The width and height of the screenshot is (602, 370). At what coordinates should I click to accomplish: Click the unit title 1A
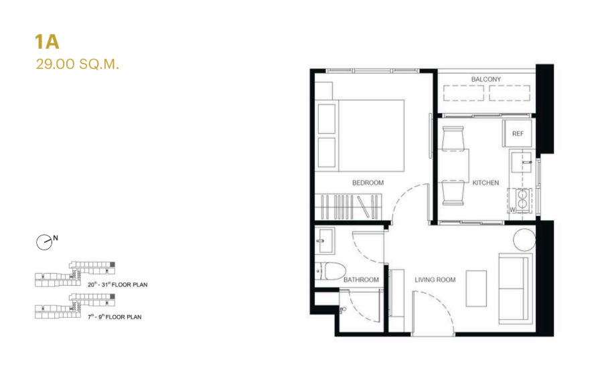(48, 42)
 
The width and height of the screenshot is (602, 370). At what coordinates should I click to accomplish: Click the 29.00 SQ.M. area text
(78, 64)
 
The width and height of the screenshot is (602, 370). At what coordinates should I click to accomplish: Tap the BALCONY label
(486, 80)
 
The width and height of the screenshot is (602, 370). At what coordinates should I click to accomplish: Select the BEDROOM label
(368, 183)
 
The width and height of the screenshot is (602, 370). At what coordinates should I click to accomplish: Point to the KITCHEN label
(485, 183)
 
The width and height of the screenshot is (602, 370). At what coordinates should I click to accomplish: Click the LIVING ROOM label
(435, 280)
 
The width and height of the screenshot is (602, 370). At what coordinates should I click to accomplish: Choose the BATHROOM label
(361, 280)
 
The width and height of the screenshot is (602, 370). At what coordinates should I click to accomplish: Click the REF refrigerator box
(518, 133)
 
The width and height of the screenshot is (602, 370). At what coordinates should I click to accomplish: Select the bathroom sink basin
(325, 240)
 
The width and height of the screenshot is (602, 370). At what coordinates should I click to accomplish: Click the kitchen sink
(521, 163)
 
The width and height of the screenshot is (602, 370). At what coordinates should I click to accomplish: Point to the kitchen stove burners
(522, 199)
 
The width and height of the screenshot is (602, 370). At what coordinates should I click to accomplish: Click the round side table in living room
(524, 240)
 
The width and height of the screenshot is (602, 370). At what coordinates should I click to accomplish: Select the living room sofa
(516, 288)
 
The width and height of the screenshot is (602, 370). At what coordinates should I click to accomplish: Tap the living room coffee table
(476, 288)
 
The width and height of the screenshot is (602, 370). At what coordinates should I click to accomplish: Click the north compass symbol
(45, 242)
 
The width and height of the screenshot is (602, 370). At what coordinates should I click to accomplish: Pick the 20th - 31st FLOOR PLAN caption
(117, 284)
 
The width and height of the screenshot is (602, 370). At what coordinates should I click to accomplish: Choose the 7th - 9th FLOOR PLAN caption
(115, 317)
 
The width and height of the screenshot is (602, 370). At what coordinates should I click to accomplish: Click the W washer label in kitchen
(512, 209)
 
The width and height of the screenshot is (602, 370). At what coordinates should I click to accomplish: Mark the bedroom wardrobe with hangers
(348, 207)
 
